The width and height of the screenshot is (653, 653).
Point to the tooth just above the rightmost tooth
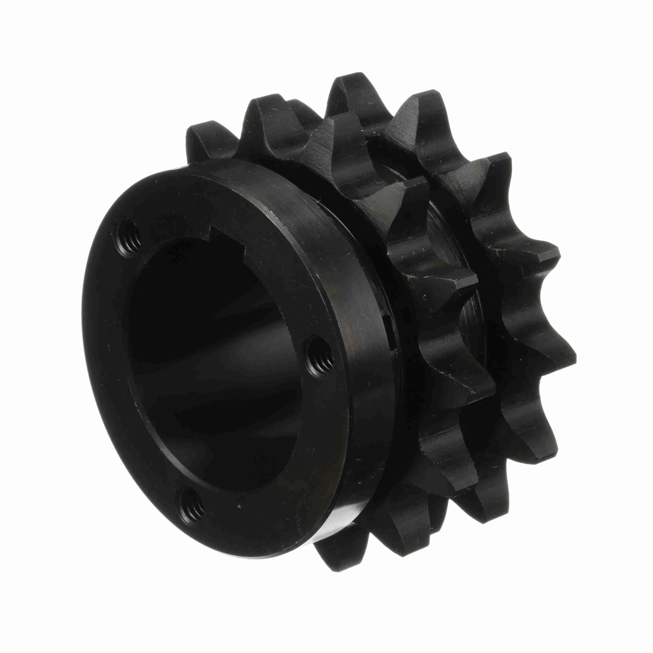(x=544, y=257)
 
